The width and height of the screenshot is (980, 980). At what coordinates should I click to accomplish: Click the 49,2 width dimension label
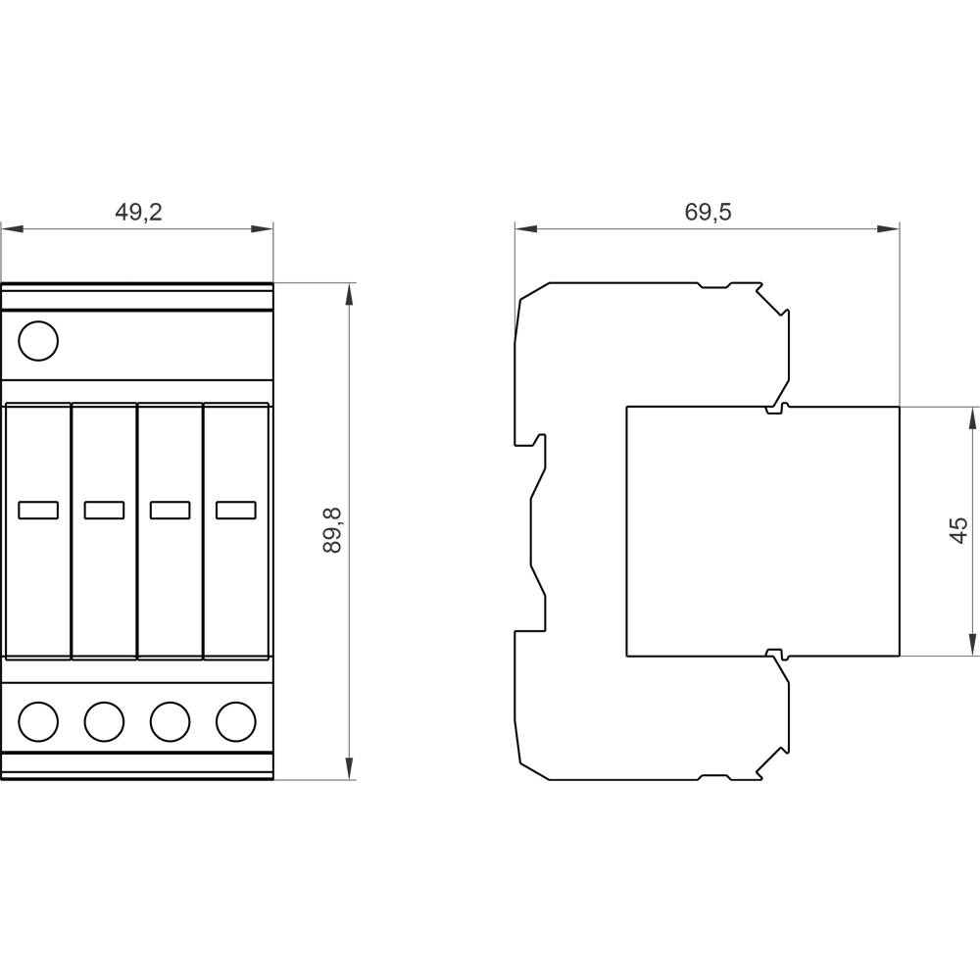(138, 212)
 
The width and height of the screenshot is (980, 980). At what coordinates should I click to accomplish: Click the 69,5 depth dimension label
(708, 212)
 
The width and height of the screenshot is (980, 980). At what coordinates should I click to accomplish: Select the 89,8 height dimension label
(332, 531)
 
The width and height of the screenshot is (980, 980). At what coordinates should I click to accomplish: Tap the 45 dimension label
(958, 530)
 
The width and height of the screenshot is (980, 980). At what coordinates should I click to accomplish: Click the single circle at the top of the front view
(39, 341)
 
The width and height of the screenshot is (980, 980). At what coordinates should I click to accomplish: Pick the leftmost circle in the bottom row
(39, 721)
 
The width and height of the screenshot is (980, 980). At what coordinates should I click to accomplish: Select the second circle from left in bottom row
(104, 721)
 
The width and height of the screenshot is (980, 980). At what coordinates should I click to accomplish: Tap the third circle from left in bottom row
(170, 721)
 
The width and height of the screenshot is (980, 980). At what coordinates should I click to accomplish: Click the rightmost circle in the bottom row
(235, 721)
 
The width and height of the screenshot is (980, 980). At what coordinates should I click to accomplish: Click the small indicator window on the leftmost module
(39, 510)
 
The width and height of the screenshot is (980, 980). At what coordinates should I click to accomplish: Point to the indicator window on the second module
(104, 510)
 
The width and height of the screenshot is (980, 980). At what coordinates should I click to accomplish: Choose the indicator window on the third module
(170, 510)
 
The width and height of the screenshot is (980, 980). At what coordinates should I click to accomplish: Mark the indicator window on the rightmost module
(235, 510)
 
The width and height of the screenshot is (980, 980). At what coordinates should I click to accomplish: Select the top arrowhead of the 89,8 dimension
(348, 295)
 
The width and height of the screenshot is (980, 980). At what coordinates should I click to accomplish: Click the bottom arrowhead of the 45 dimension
(971, 644)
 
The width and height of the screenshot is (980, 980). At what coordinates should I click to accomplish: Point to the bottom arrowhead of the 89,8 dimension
(348, 768)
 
